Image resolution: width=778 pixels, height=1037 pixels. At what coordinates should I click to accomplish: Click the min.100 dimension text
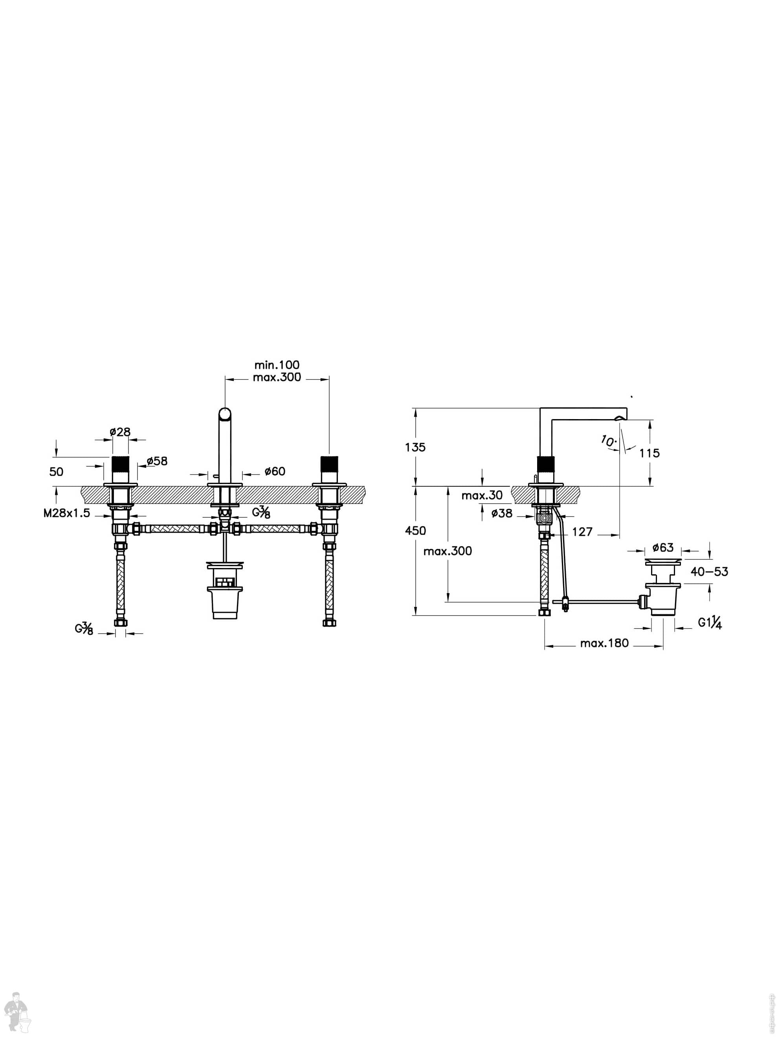(x=277, y=365)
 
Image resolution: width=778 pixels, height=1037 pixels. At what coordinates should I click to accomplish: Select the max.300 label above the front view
(x=277, y=377)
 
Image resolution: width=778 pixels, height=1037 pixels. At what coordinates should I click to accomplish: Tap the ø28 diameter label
(x=120, y=432)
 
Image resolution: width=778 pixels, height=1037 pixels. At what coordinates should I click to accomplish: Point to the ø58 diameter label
(x=157, y=461)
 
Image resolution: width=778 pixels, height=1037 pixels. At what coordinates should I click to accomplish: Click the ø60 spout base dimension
(x=274, y=471)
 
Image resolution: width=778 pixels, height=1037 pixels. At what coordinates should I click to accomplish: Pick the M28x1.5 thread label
(x=66, y=513)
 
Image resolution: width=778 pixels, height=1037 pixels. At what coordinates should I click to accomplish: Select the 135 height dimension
(x=415, y=447)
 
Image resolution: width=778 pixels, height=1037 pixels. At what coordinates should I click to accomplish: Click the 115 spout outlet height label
(x=649, y=453)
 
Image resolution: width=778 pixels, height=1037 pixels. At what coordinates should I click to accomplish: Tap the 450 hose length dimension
(x=415, y=531)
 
